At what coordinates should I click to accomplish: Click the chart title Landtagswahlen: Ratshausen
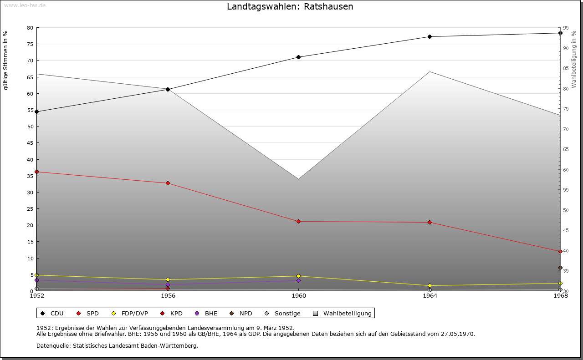click(290, 7)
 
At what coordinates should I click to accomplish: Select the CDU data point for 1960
click(298, 57)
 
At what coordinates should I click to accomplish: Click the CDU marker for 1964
click(430, 37)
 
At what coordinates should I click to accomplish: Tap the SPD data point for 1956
click(168, 183)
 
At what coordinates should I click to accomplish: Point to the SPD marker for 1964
click(430, 223)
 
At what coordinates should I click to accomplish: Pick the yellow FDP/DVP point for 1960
click(298, 276)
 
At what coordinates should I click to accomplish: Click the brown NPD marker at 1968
click(560, 268)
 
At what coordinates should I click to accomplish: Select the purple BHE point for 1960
click(298, 281)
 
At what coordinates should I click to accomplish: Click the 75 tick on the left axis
click(30, 44)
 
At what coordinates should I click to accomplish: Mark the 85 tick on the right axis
click(565, 69)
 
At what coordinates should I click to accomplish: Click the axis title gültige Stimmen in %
click(6, 61)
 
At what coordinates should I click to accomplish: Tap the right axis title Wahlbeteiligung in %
click(574, 60)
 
